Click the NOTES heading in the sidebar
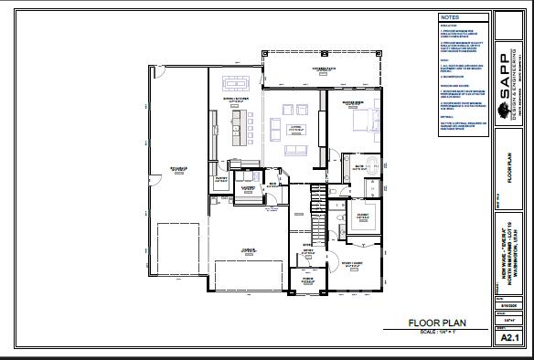(x=450, y=17)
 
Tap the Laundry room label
(x=247, y=187)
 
